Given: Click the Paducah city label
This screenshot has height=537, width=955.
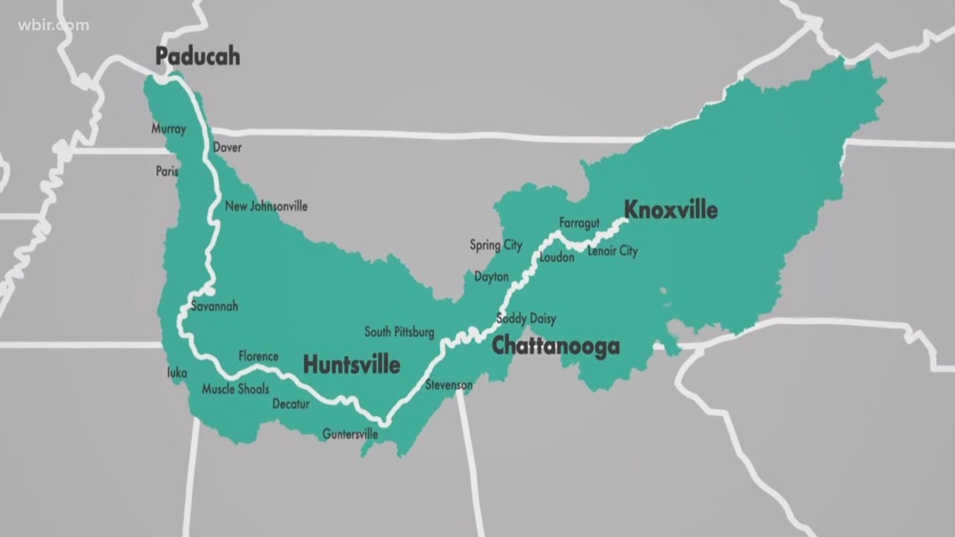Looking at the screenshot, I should pos(198,57).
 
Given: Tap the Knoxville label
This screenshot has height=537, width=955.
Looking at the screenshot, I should pos(669,209).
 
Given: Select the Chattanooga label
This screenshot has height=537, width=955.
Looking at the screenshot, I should pos(555,346).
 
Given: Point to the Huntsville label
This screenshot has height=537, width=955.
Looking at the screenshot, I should pos(351,365).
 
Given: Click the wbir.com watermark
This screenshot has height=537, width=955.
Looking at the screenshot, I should pos(53,24).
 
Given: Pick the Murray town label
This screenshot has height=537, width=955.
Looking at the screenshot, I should pos(168,129).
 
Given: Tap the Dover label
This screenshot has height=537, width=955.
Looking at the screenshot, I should pos(227,147).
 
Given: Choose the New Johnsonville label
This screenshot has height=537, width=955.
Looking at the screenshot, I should pos(266,206).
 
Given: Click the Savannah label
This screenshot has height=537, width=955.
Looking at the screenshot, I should pos(214,306).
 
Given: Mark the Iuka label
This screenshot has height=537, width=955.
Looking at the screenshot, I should pos(177,373).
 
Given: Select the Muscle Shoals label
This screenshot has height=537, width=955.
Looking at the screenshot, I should pos(235,390).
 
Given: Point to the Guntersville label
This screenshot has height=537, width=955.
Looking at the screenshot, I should pos(350,434).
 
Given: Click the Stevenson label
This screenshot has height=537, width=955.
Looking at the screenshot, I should pos(448,385).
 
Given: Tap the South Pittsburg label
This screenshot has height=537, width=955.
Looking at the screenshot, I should pos(400,333).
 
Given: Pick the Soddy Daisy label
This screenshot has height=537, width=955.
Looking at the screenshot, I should pos(526,319).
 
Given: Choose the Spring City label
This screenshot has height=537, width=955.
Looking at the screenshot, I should pos(495,245).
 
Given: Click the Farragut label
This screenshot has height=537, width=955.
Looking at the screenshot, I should pos(580,223).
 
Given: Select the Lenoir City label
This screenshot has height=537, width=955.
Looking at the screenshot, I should pos(612,251).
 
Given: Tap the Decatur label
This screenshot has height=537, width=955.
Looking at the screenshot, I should pos(291,405).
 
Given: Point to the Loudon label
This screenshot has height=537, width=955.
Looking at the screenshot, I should pos(557,258).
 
